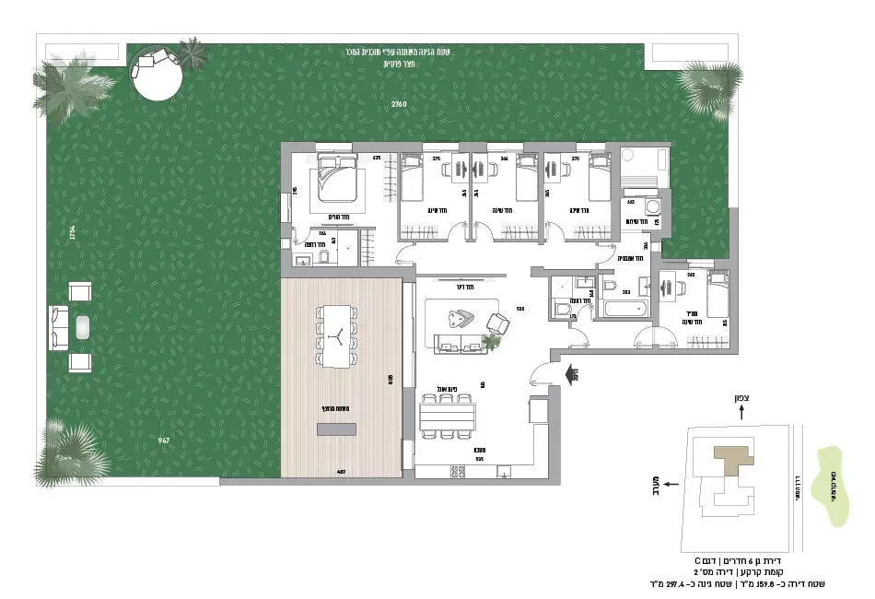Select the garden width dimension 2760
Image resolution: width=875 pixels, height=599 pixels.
398,104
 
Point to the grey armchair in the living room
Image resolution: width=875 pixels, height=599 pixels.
497,323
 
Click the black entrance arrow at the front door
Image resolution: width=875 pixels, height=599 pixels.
577,373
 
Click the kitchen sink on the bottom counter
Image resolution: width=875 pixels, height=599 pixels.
504,472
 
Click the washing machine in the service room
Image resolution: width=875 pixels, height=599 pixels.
654,206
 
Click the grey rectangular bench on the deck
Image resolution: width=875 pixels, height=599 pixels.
336,429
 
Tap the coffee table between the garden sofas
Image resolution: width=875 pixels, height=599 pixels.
81,327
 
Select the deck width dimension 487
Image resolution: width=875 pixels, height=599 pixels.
340,472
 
